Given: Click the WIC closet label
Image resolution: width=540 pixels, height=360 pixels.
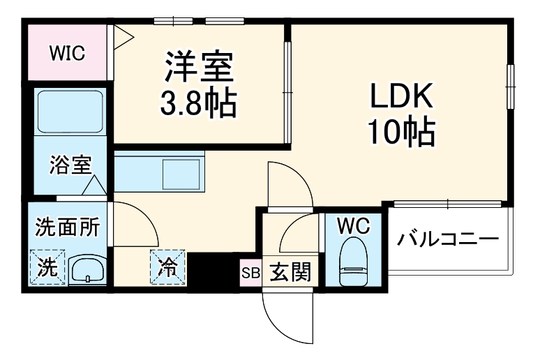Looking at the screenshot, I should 67,53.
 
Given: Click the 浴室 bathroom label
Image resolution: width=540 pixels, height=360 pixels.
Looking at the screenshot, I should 70,166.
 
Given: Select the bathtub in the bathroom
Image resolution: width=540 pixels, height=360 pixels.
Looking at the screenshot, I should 70,112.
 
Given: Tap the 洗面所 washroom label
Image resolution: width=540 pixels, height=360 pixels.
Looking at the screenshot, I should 68,227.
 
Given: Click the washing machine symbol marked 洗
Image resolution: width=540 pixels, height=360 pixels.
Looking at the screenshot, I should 47,267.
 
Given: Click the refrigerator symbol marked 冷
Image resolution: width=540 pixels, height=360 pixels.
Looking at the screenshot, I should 167,266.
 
